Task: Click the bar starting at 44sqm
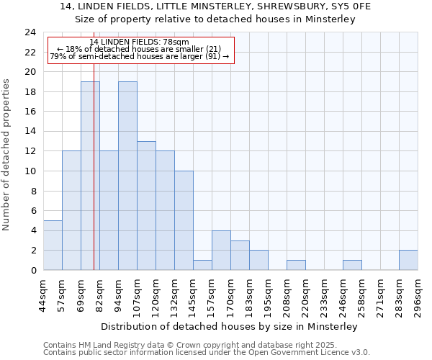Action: [x=53, y=245]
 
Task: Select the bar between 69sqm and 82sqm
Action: [x=90, y=176]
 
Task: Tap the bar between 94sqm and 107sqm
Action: [x=127, y=176]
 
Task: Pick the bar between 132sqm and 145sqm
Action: [x=184, y=220]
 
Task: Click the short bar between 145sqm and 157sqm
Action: [x=202, y=265]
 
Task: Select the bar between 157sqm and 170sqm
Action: [x=221, y=251]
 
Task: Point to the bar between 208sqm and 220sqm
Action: [x=296, y=265]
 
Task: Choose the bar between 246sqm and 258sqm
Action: [x=352, y=265]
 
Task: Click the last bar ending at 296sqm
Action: [x=408, y=260]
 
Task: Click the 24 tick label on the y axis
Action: [x=30, y=32]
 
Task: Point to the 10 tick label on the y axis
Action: [x=30, y=171]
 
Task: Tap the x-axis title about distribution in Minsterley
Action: [x=229, y=327]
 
